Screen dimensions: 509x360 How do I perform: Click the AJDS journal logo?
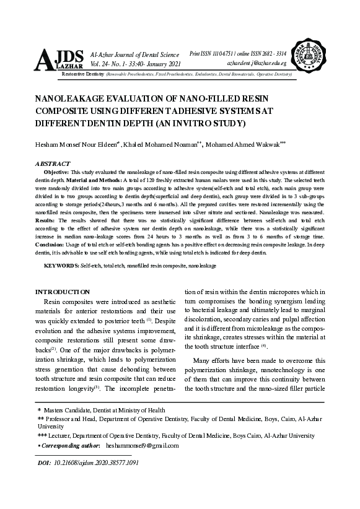tap(59, 59)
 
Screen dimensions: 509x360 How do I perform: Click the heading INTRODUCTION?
tap(63, 291)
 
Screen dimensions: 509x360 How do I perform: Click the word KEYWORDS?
tap(61, 264)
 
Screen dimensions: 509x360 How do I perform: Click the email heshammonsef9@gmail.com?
tap(142, 445)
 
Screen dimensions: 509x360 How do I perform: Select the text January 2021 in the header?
tap(162, 64)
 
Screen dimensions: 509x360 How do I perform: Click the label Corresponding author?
tap(70, 445)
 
